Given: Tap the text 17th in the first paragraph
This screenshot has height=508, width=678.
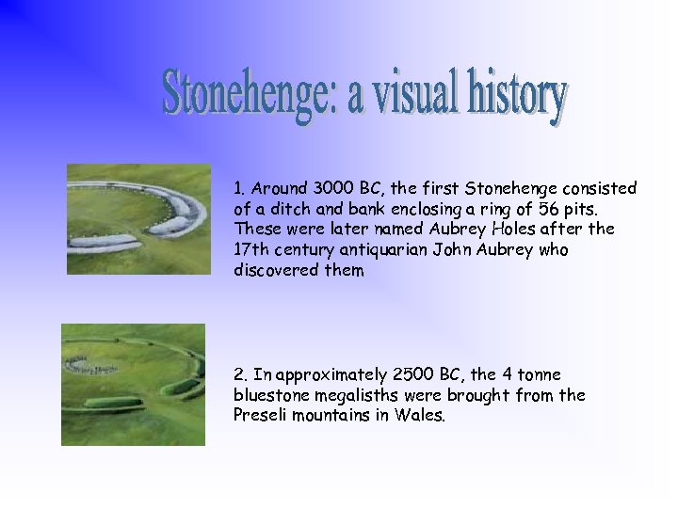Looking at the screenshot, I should click(x=251, y=249).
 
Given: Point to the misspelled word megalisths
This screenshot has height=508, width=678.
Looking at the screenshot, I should click(x=361, y=395).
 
